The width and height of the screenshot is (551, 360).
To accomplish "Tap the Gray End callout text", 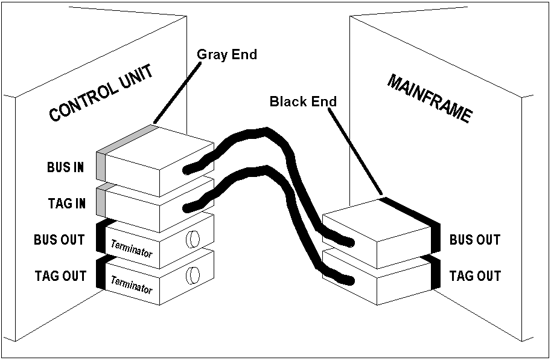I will tap(227, 55).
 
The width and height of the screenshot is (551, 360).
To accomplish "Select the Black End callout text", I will tap(302, 101).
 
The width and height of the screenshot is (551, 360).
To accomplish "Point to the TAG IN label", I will tap(66, 204).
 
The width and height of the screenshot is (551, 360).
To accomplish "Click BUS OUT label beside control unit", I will tap(60, 240).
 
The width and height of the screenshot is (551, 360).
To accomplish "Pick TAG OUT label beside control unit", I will tap(60, 276).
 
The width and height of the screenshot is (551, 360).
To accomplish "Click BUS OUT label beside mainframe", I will tap(475, 240).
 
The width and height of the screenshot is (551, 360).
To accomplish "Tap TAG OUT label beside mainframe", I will tap(475, 276).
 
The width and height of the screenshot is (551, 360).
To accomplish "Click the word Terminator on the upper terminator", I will tap(132, 248).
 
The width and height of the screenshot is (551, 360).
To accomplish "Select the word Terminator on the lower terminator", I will tap(132, 284).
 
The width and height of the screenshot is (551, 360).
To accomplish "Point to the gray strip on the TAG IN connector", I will tap(101, 200).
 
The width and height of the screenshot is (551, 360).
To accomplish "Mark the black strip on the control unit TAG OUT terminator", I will tap(101, 274).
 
